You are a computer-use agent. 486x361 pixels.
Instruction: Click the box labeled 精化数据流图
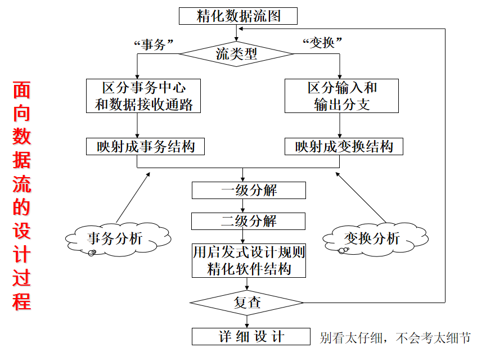tap(238, 16)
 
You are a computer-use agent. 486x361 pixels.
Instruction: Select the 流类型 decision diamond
tap(237, 54)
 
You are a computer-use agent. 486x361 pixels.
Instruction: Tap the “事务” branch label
tap(152, 44)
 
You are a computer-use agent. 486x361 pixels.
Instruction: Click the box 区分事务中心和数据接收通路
tap(143, 96)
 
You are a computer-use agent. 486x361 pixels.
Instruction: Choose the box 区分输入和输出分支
tap(341, 96)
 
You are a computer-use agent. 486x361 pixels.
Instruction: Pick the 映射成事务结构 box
tap(145, 147)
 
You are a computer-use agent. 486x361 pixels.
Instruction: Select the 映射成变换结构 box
tap(344, 147)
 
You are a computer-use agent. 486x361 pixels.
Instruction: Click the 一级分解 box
tap(249, 190)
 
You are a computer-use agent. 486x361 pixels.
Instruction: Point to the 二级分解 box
tap(249, 220)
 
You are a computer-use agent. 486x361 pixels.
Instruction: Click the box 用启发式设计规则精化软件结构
tap(249, 260)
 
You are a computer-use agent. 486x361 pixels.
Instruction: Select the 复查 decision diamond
tap(247, 303)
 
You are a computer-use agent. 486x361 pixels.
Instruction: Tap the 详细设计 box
tap(251, 336)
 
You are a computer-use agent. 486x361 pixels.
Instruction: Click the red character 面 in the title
tap(22, 91)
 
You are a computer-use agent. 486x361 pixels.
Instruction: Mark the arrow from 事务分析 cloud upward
tap(133, 197)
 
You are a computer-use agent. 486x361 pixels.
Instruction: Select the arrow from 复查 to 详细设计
tap(247, 322)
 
